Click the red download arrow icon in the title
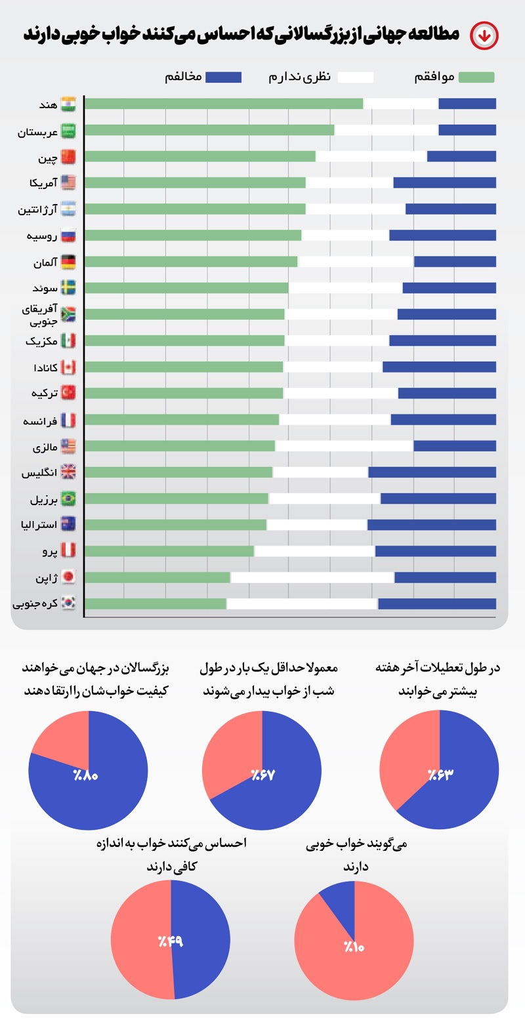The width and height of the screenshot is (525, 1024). pyautogui.click(x=484, y=35)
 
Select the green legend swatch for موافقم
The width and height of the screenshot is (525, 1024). pyautogui.click(x=476, y=77)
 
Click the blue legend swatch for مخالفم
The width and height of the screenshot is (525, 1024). pyautogui.click(x=223, y=77)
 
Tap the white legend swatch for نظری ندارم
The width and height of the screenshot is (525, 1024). pyautogui.click(x=355, y=77)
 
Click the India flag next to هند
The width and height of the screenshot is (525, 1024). pyautogui.click(x=68, y=104)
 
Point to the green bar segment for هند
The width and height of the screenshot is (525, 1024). pyautogui.click(x=223, y=104)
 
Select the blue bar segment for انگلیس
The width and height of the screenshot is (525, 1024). pyautogui.click(x=432, y=472)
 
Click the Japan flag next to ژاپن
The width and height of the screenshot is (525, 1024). pyautogui.click(x=68, y=577)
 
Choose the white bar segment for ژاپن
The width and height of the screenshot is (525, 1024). pyautogui.click(x=312, y=577)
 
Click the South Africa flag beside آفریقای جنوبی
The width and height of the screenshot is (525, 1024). pyautogui.click(x=68, y=315)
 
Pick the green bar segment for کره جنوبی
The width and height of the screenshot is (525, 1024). pyautogui.click(x=156, y=604)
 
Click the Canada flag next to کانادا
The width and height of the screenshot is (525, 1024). pyautogui.click(x=68, y=367)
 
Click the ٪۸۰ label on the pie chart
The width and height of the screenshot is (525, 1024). pyautogui.click(x=86, y=775)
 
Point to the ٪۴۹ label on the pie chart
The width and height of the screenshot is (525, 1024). pyautogui.click(x=170, y=942)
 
